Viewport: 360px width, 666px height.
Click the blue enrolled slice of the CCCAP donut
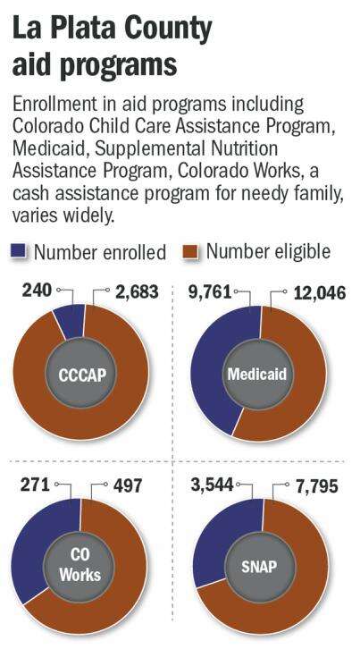70,321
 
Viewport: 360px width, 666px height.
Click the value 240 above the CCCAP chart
37,291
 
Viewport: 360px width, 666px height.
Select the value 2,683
136,291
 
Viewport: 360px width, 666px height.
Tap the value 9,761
210,292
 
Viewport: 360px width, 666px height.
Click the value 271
35,485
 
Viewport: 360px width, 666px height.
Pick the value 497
128,485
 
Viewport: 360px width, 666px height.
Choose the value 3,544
212,485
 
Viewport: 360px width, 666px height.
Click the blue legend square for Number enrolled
19,251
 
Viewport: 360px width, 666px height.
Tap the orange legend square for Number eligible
190,251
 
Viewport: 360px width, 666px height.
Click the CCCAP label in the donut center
81,375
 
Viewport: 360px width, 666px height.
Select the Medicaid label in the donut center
257,374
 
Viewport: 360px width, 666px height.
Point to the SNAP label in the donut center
259,567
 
